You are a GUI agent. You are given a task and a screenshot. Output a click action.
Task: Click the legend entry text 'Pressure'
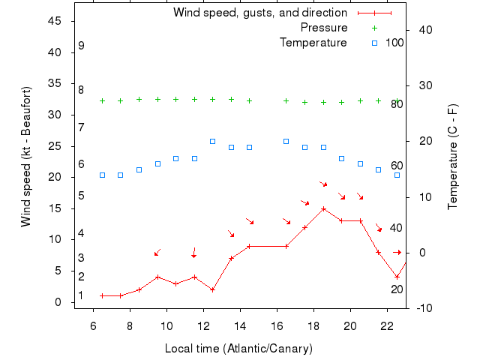click(324, 28)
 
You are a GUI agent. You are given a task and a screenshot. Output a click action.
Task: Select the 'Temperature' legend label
click(313, 43)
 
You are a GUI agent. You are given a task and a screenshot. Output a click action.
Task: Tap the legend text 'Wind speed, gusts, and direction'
click(260, 13)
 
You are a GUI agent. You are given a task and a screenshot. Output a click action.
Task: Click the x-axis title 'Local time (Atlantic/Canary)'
click(238, 349)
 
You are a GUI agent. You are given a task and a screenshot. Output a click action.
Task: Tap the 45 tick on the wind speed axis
click(54, 21)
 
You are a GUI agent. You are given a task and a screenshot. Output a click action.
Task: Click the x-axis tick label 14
click(240, 325)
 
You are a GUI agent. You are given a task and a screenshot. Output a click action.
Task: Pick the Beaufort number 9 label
click(81, 46)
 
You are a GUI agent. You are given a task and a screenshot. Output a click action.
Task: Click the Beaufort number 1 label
click(81, 295)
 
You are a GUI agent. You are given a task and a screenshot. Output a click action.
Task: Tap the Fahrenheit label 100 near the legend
click(395, 43)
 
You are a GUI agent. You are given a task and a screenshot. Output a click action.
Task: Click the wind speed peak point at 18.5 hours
click(323, 208)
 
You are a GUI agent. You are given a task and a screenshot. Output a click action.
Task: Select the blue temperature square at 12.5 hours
click(212, 141)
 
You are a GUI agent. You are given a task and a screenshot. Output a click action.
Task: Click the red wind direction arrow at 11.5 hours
click(194, 253)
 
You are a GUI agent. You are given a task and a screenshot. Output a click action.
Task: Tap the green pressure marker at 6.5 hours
click(102, 100)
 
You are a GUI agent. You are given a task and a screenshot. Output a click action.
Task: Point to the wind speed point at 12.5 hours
click(212, 289)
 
